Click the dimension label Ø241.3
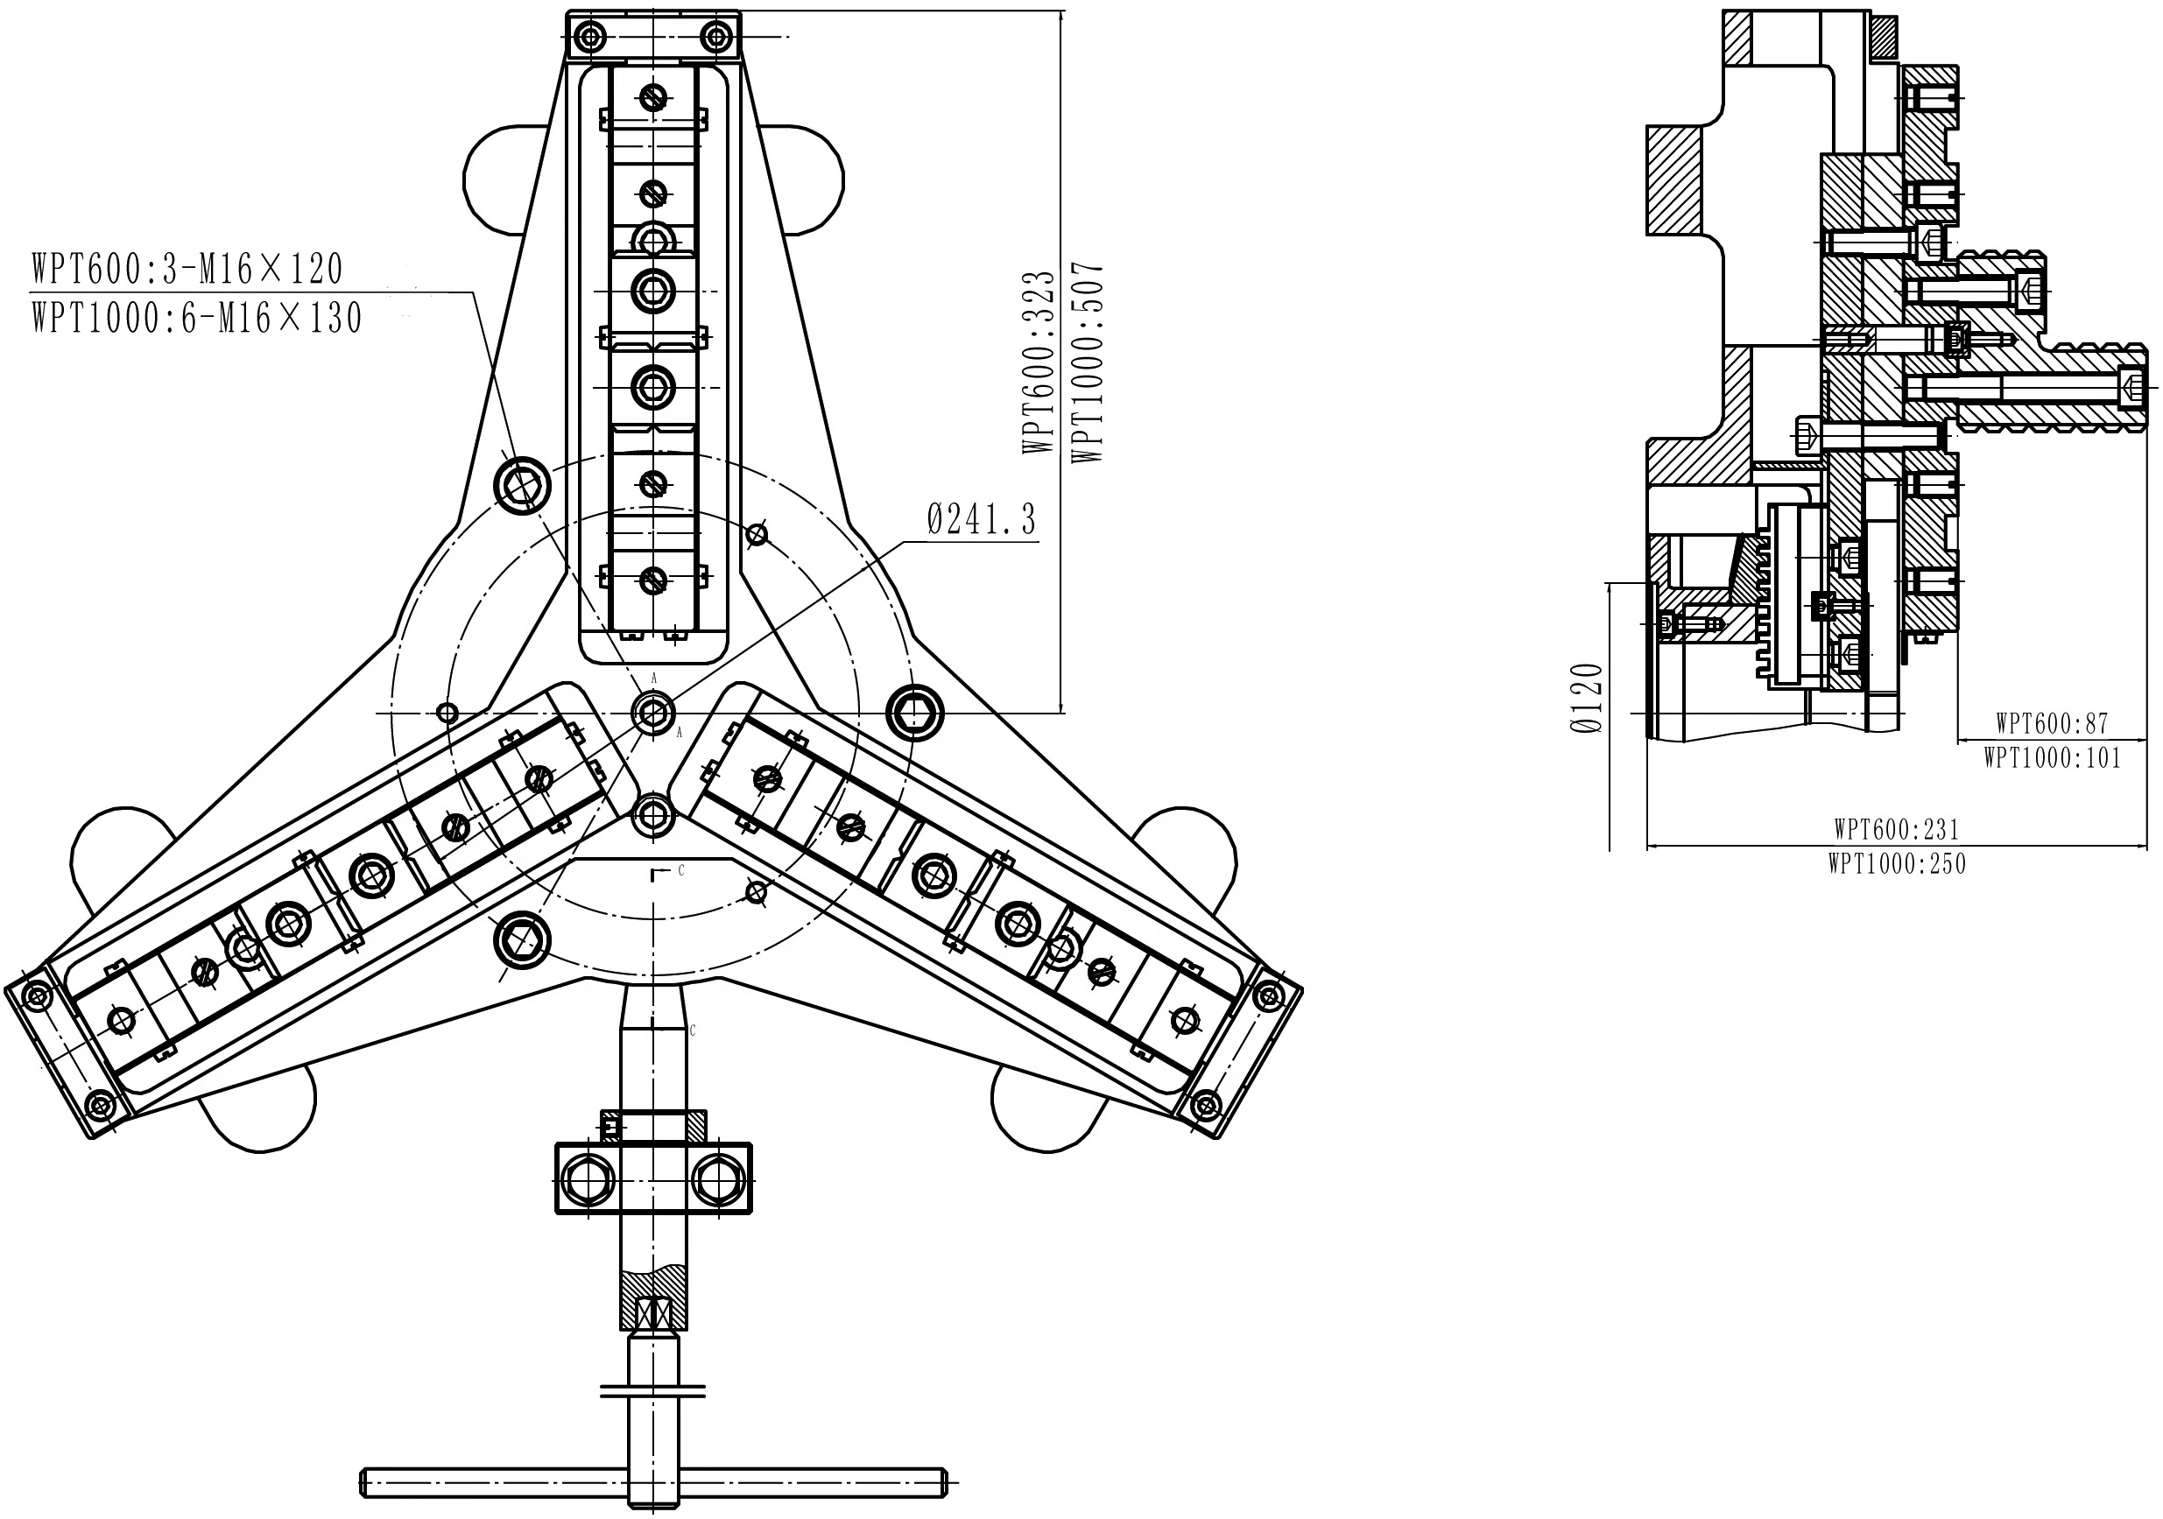point(982,519)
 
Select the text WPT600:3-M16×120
point(187,270)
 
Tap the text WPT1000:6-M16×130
point(197,317)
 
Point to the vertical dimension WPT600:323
point(1039,362)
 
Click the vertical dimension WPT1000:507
point(1087,362)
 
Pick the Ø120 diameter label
point(1588,698)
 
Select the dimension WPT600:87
point(2052,723)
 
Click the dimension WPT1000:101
point(2052,757)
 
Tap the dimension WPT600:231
point(1897,829)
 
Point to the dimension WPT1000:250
point(1897,863)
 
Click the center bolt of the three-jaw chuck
point(653,712)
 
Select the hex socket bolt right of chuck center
point(915,714)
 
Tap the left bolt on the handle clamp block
point(588,1178)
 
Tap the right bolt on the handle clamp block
point(718,1178)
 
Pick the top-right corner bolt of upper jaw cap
point(717,38)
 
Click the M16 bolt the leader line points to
point(522,486)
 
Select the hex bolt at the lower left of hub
point(522,939)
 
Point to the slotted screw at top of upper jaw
point(653,96)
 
